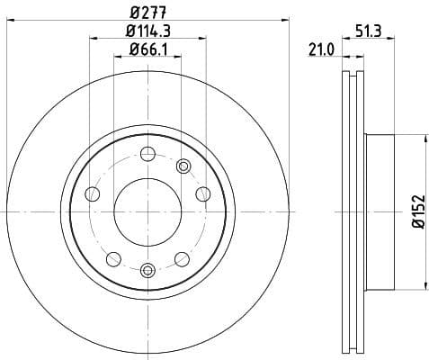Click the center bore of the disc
pos(147,211)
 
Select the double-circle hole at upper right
pos(183,165)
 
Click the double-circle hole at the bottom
pos(147,268)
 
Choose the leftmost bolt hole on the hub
pos(92,193)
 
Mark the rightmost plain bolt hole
pos(203,193)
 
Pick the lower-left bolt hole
pos(112,259)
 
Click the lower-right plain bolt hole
pos(183,259)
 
